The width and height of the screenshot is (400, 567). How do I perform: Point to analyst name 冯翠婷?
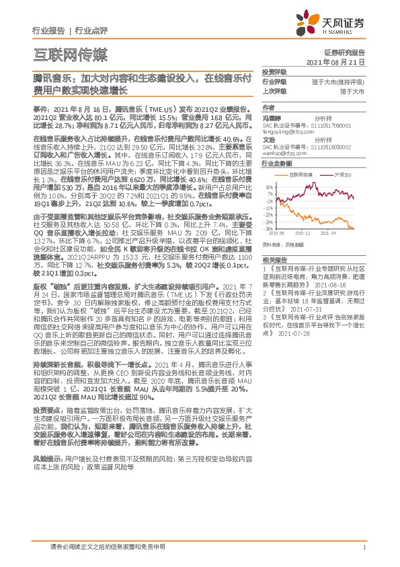[x=272, y=116]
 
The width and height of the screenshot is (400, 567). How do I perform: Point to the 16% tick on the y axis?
[x=269, y=187]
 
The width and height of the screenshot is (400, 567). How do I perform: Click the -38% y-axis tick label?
[x=269, y=229]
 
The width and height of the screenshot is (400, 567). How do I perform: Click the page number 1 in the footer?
[x=364, y=547]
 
